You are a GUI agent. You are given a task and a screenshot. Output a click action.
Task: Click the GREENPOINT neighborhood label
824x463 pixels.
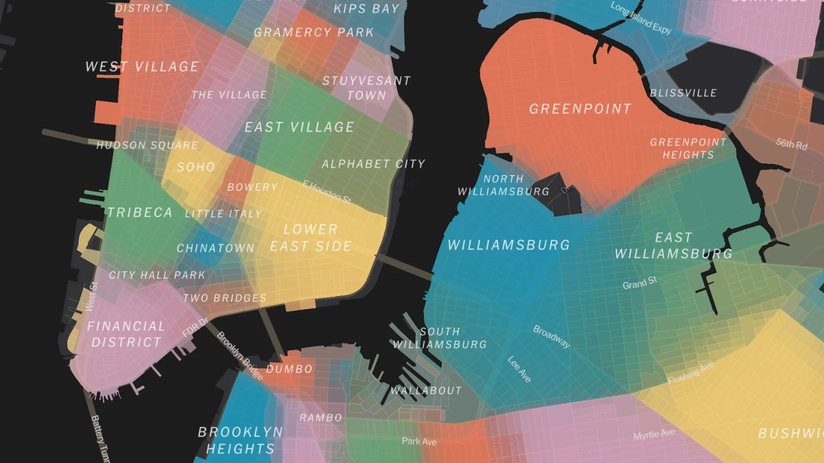(580, 109)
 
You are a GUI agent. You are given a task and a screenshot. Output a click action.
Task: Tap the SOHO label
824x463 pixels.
(196, 167)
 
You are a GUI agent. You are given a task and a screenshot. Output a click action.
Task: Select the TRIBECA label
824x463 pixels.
(140, 212)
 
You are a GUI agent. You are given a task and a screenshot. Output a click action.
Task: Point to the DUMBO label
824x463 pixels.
(289, 369)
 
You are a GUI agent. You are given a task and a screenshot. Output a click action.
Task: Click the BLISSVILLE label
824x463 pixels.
(683, 93)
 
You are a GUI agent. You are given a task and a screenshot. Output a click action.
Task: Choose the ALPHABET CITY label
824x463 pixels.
(373, 164)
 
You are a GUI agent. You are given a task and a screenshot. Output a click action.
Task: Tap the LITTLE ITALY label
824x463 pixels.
(223, 214)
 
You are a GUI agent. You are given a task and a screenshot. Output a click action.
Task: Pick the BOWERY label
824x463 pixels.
(253, 187)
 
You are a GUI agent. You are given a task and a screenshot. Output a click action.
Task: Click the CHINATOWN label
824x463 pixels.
(216, 248)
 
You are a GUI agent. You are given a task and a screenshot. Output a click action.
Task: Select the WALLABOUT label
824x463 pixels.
(426, 390)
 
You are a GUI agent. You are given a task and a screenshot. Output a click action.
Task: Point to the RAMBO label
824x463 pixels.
(321, 418)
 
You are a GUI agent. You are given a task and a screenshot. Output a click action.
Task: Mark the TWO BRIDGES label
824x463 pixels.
(224, 298)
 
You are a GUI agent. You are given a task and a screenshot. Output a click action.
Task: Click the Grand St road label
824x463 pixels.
(640, 283)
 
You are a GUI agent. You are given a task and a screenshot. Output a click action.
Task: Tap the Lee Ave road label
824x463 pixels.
(519, 369)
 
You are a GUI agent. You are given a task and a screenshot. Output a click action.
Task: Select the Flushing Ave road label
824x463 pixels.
(691, 373)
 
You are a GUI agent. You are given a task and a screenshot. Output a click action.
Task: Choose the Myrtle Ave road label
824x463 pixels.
(654, 434)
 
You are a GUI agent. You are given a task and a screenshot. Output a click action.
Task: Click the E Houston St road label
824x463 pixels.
(327, 192)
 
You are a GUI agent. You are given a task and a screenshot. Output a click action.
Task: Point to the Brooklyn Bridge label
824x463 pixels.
(240, 356)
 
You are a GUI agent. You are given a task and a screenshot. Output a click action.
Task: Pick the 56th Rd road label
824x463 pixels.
(791, 144)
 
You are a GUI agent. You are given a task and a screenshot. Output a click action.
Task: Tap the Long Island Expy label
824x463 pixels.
(641, 18)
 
